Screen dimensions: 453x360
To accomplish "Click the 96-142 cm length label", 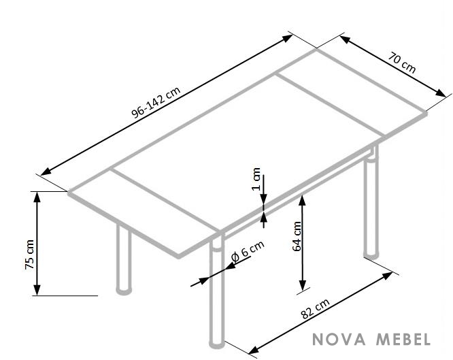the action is (x=156, y=102).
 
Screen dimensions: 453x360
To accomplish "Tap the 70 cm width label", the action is (x=401, y=63).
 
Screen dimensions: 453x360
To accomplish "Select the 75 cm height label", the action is (x=29, y=255).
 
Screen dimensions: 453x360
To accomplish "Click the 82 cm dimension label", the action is (x=315, y=308).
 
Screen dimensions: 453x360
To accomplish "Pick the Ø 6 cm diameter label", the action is (x=248, y=251).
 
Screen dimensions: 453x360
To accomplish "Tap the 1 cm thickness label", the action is (x=256, y=179).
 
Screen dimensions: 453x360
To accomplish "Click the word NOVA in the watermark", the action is (x=339, y=339).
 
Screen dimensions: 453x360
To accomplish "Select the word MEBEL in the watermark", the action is (x=403, y=339).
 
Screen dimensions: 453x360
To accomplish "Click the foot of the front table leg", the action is (x=217, y=344).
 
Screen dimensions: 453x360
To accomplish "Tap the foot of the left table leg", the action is (x=124, y=291).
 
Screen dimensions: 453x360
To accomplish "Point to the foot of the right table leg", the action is (x=371, y=254).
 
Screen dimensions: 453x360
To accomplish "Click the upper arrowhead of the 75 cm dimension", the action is (x=37, y=197).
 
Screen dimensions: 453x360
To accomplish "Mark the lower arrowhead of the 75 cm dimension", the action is (x=37, y=290).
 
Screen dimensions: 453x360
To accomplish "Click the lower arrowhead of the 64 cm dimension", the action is (x=302, y=285).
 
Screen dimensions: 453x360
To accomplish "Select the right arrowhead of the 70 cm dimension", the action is (x=441, y=93).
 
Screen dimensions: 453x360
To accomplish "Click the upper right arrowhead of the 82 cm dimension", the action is (x=388, y=276).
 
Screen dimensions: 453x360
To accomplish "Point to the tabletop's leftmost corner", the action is (x=69, y=192).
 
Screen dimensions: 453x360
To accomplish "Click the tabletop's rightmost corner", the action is (x=426, y=113).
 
